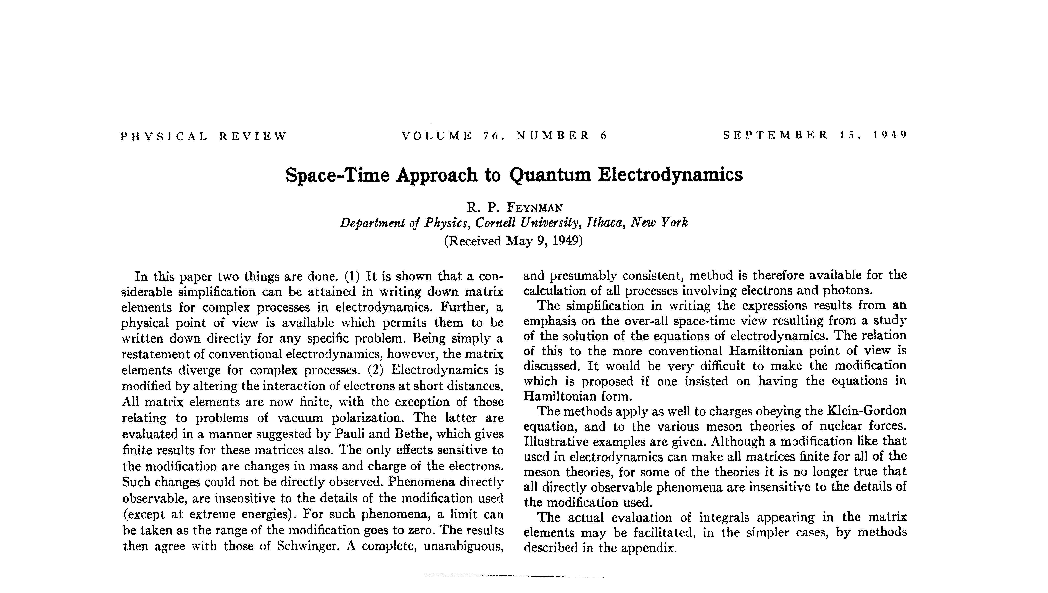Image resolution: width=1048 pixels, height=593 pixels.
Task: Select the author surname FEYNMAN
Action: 535,208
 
